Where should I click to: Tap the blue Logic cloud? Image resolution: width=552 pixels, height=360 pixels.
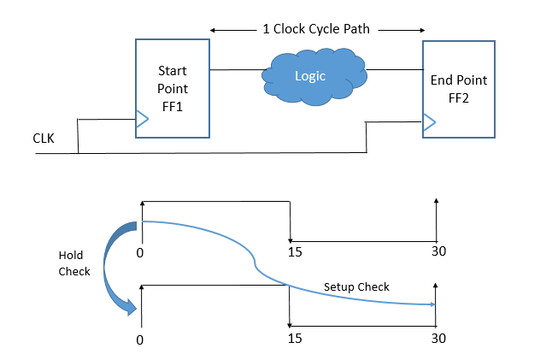(314, 77)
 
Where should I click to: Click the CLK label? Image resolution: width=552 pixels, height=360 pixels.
(44, 139)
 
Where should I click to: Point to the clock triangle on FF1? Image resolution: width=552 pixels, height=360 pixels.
(142, 119)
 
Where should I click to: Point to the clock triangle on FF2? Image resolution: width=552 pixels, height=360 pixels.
(429, 122)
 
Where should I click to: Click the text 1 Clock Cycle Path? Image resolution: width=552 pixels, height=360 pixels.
(316, 29)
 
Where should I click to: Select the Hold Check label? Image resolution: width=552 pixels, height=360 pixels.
(74, 263)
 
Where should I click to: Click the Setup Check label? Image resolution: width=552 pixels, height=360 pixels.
(356, 286)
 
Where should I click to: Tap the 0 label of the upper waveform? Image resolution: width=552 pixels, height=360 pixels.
(140, 253)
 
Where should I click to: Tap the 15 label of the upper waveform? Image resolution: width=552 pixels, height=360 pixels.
(295, 252)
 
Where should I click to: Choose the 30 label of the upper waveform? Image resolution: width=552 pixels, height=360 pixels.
(438, 251)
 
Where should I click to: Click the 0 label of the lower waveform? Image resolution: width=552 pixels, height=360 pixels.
(140, 340)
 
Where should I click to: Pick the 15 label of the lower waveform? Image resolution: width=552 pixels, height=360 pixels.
(295, 339)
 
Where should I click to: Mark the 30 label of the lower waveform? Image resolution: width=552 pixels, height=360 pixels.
(438, 338)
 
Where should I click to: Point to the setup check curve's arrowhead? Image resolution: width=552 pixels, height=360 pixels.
(433, 304)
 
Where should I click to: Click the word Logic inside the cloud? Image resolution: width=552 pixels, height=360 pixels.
(310, 76)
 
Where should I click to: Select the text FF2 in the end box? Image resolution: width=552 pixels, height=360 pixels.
(459, 98)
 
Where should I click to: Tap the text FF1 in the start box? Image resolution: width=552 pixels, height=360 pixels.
(173, 107)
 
